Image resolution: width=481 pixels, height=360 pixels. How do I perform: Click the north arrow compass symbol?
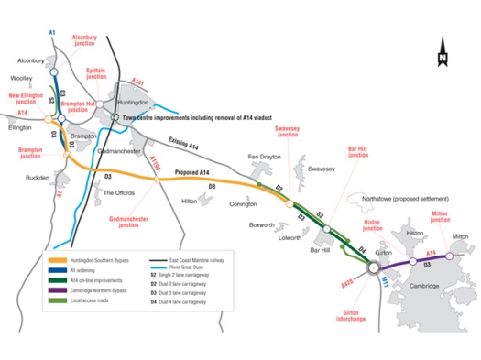click(x=442, y=51)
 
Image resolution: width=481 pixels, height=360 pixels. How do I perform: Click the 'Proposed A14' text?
click(x=196, y=173)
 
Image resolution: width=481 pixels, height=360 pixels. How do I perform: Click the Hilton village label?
click(x=191, y=201)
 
